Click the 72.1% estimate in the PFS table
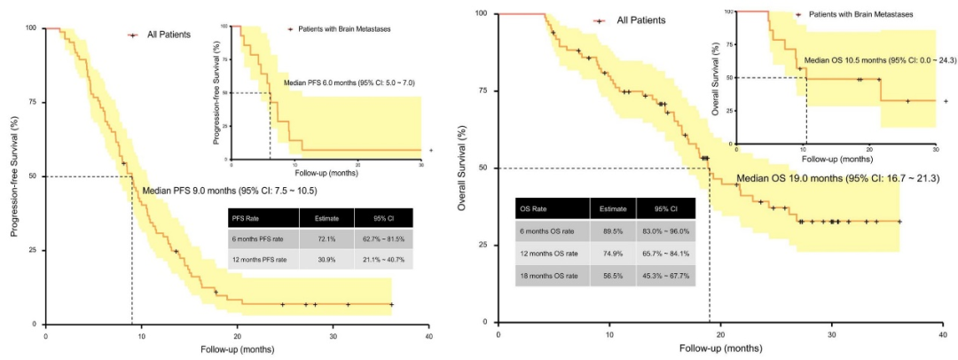[x=320, y=238]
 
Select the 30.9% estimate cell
[x=320, y=259]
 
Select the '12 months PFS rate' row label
[x=259, y=259]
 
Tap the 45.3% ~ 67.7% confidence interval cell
[x=665, y=276]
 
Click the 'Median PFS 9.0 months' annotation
[x=229, y=190]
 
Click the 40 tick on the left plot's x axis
[x=428, y=338]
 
